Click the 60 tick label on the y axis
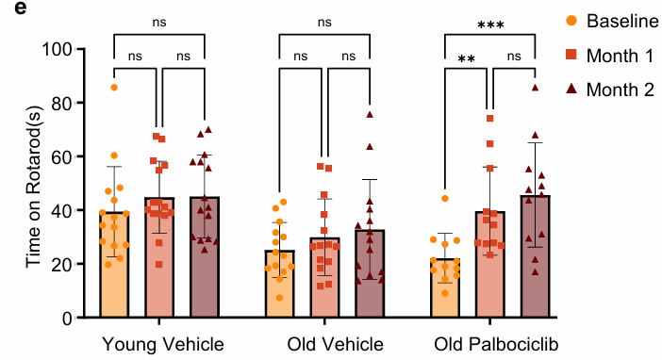[62, 156]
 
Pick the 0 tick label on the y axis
[67, 318]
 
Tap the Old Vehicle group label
[323, 341]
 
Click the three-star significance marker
[490, 25]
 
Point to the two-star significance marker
[466, 59]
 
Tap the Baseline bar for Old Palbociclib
[445, 288]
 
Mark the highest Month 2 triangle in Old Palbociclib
[535, 88]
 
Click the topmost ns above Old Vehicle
[324, 21]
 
